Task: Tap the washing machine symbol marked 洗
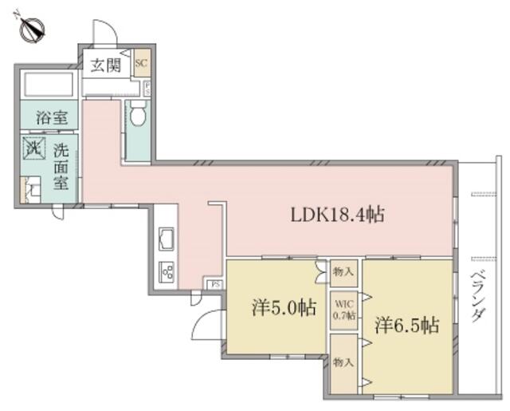pyautogui.click(x=34, y=148)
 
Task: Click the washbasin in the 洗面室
pyautogui.click(x=31, y=191)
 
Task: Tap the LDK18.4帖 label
pyautogui.click(x=338, y=214)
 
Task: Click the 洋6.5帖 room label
pyautogui.click(x=406, y=326)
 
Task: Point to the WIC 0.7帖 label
pyautogui.click(x=343, y=308)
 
